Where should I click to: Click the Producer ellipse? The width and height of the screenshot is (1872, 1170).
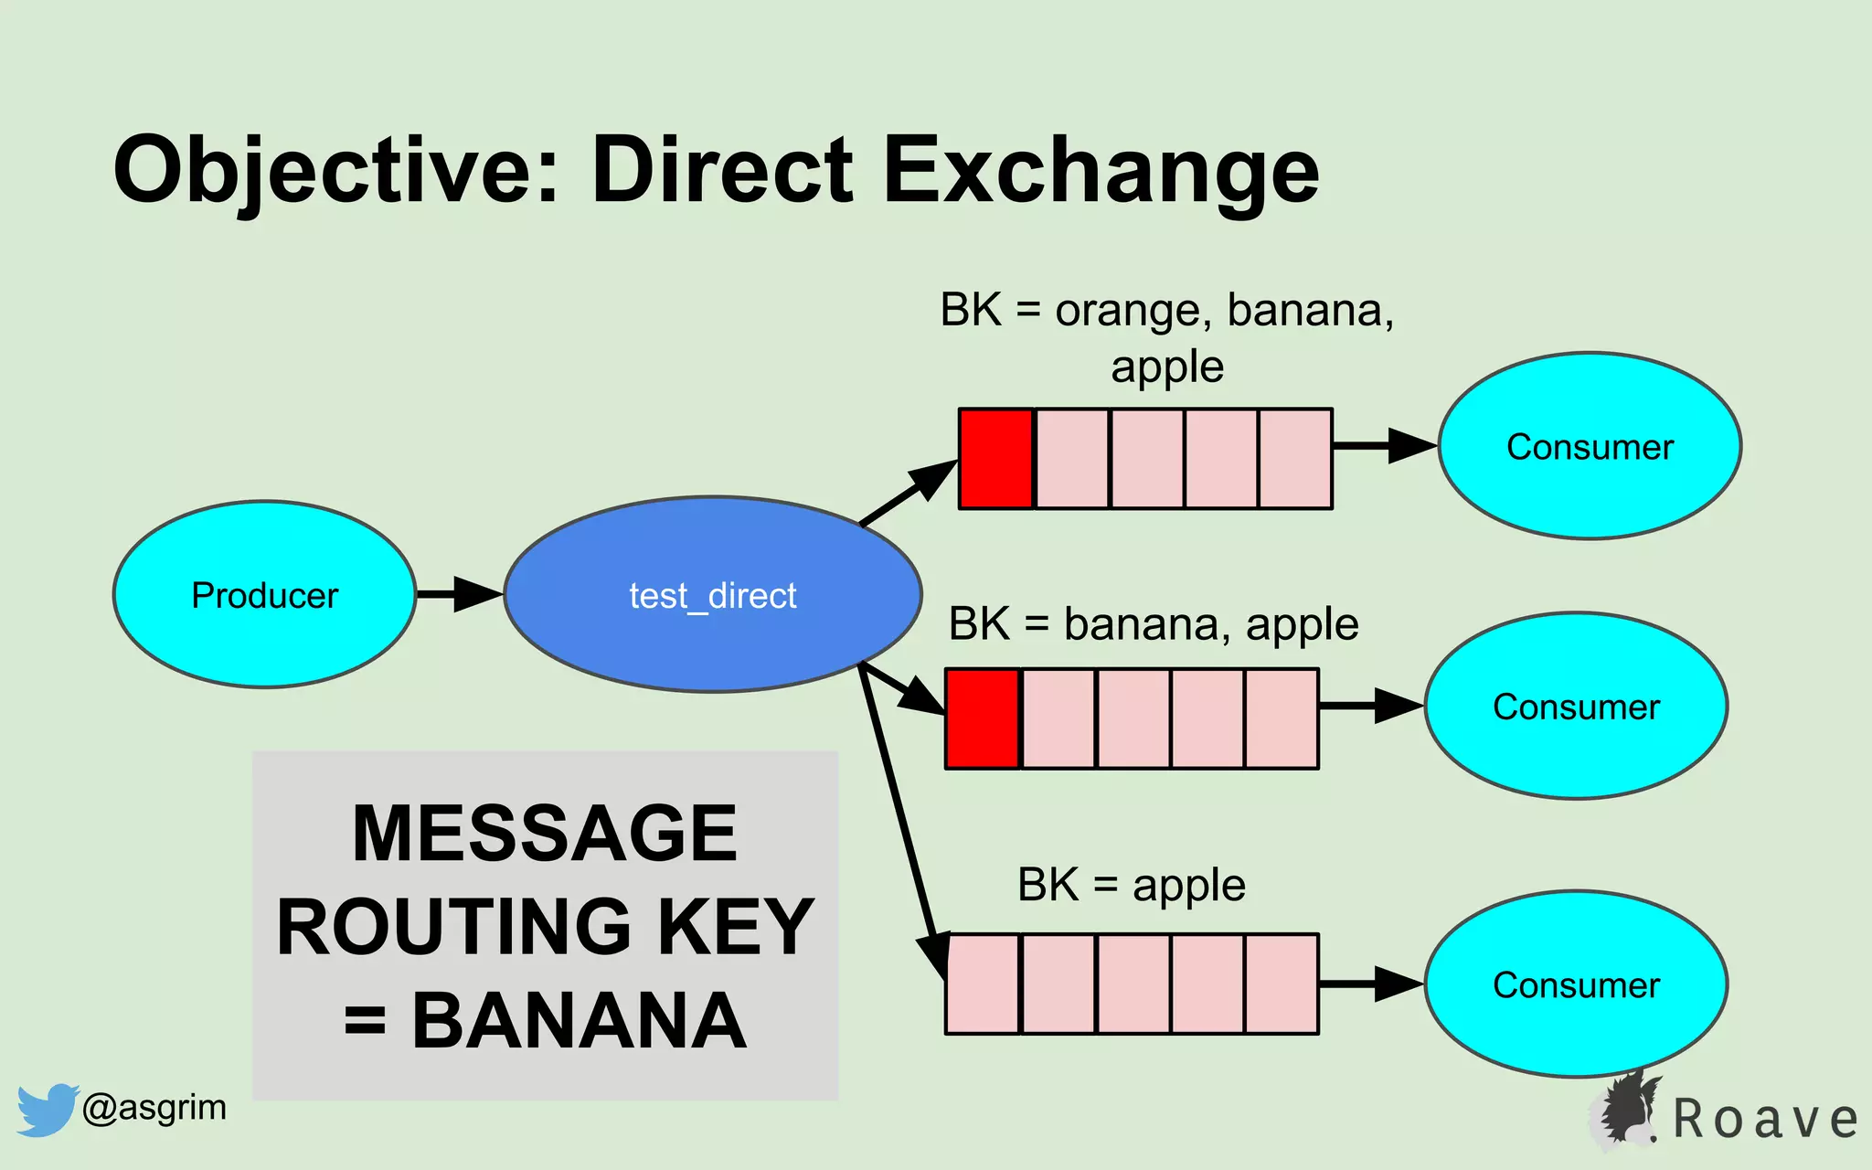click(x=264, y=594)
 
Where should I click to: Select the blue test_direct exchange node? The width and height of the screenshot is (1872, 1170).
click(x=712, y=594)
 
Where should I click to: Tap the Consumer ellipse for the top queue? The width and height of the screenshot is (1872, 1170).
click(x=1590, y=446)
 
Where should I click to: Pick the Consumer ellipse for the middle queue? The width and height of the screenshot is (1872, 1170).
click(x=1576, y=706)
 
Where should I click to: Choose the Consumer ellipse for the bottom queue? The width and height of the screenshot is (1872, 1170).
click(x=1576, y=984)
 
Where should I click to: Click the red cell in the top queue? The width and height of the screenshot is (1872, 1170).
click(x=995, y=458)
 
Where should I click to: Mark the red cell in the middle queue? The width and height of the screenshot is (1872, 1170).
click(x=983, y=718)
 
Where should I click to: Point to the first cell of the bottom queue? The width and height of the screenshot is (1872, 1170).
click(x=984, y=984)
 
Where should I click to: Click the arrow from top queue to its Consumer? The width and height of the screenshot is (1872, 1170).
click(x=1384, y=446)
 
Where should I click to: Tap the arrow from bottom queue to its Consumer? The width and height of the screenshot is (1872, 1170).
click(x=1370, y=984)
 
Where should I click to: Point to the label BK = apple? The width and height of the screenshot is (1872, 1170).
click(x=1131, y=885)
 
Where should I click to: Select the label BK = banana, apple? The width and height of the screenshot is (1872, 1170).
click(x=1154, y=624)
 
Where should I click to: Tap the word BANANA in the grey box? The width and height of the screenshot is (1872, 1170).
click(x=579, y=1021)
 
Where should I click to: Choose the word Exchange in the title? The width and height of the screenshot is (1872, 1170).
click(x=1101, y=171)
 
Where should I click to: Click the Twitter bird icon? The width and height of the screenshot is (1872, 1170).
click(x=46, y=1109)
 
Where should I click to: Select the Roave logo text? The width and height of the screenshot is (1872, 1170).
click(x=1764, y=1120)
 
